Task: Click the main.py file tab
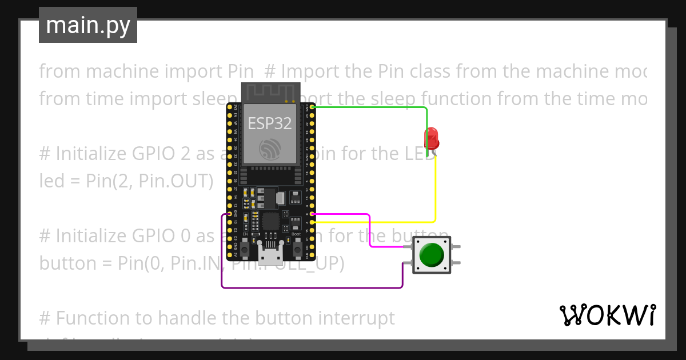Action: click(88, 25)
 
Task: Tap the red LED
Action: click(430, 138)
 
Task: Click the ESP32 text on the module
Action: click(269, 123)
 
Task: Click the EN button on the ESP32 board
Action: click(245, 249)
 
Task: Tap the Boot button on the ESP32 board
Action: click(297, 249)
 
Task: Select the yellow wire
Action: click(435, 189)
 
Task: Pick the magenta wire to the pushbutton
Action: click(370, 231)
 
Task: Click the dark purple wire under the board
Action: click(309, 287)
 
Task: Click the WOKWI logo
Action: click(607, 315)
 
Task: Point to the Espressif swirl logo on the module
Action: click(269, 149)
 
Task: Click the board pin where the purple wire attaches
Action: click(230, 214)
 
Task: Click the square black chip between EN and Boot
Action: click(270, 222)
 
